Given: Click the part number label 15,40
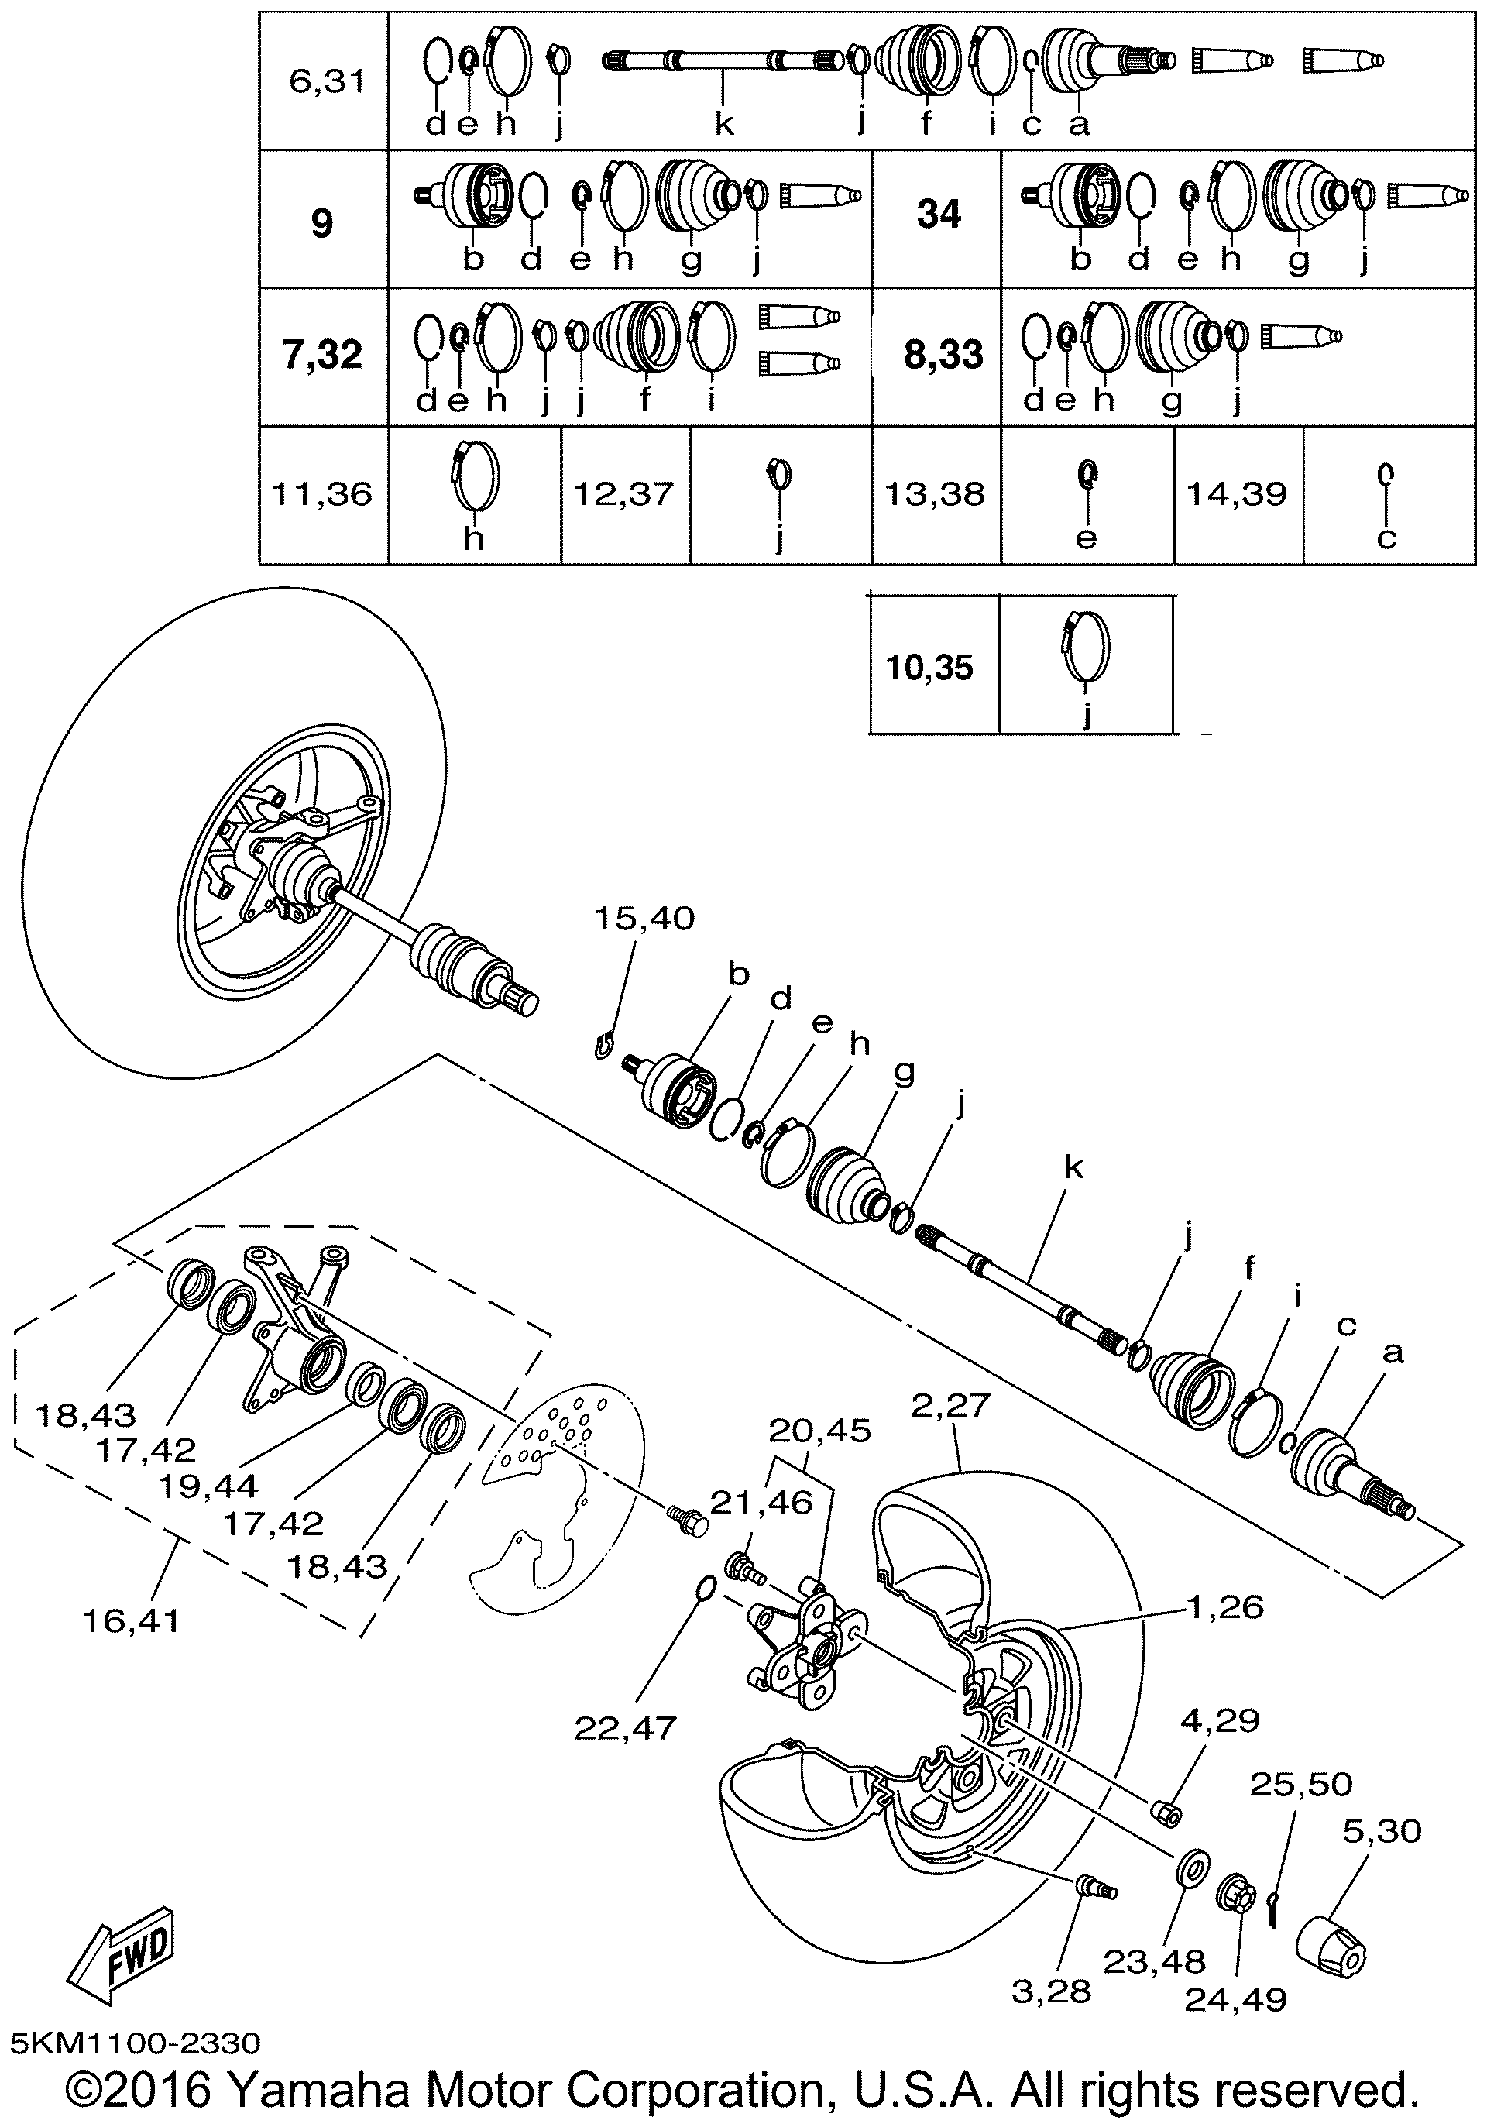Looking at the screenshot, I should point(644,919).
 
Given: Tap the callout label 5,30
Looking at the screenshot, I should point(1382,1830).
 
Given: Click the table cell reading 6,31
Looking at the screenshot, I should point(327,81).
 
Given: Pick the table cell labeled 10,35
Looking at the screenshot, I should point(929,667).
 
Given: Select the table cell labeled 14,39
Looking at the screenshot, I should point(1237,493).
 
